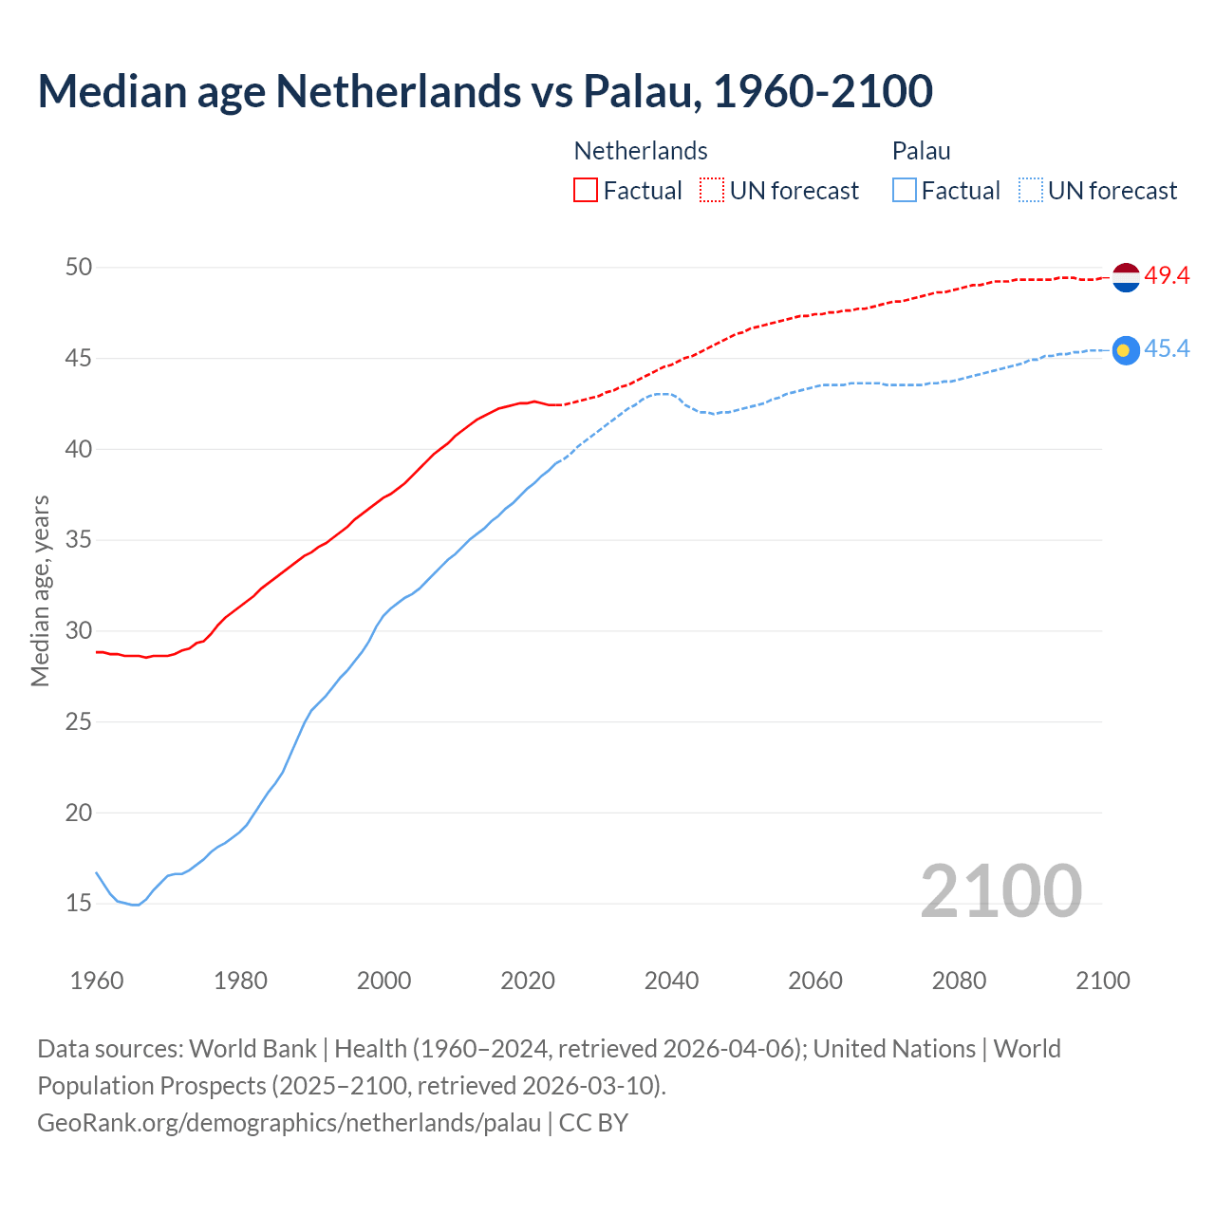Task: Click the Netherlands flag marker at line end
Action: coord(1125,277)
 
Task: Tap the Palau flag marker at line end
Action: coord(1125,350)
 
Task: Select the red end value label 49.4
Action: coord(1167,276)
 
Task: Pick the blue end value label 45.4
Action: coord(1167,349)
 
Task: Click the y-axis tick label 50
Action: coord(79,268)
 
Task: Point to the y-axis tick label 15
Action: coord(79,904)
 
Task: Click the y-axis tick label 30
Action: coord(79,631)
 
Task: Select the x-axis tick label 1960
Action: coord(97,981)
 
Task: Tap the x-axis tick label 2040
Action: coord(671,981)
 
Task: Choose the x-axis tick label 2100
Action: coord(1102,981)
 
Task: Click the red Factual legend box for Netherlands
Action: coord(586,191)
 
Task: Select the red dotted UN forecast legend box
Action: coord(712,191)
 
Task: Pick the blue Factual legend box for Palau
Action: coord(905,191)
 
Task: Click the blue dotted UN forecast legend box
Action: coord(1031,191)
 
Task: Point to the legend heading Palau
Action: coord(921,152)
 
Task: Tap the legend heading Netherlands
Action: coord(641,152)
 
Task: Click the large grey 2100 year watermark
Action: coord(1000,891)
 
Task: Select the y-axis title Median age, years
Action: coord(40,590)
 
